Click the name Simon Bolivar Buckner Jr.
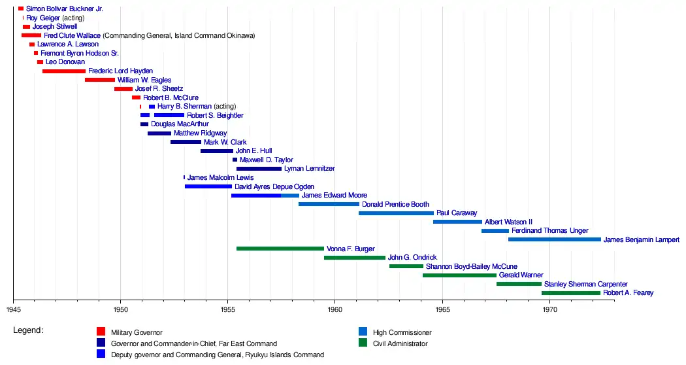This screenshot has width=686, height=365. [x=65, y=9]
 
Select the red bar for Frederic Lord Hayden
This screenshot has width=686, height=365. [x=64, y=71]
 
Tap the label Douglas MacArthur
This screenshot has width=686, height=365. [x=180, y=124]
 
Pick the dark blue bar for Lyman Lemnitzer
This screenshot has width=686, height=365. [x=259, y=169]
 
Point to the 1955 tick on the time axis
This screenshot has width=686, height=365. [x=227, y=301]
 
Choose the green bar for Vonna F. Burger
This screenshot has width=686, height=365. [x=280, y=249]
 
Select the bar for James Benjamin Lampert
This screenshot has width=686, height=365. [x=554, y=239]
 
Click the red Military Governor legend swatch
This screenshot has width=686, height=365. [x=101, y=332]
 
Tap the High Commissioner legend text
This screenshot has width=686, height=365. [x=402, y=332]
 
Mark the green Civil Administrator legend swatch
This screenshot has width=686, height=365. [x=363, y=343]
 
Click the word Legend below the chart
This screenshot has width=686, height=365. [x=28, y=330]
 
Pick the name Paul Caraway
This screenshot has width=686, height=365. [x=457, y=213]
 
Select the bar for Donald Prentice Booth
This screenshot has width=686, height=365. [x=329, y=204]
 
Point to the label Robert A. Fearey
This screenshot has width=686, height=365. [x=628, y=293]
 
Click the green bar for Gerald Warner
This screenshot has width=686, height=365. [x=459, y=275]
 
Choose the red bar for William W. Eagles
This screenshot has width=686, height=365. [x=99, y=80]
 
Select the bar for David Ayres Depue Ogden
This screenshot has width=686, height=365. [x=208, y=186]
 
